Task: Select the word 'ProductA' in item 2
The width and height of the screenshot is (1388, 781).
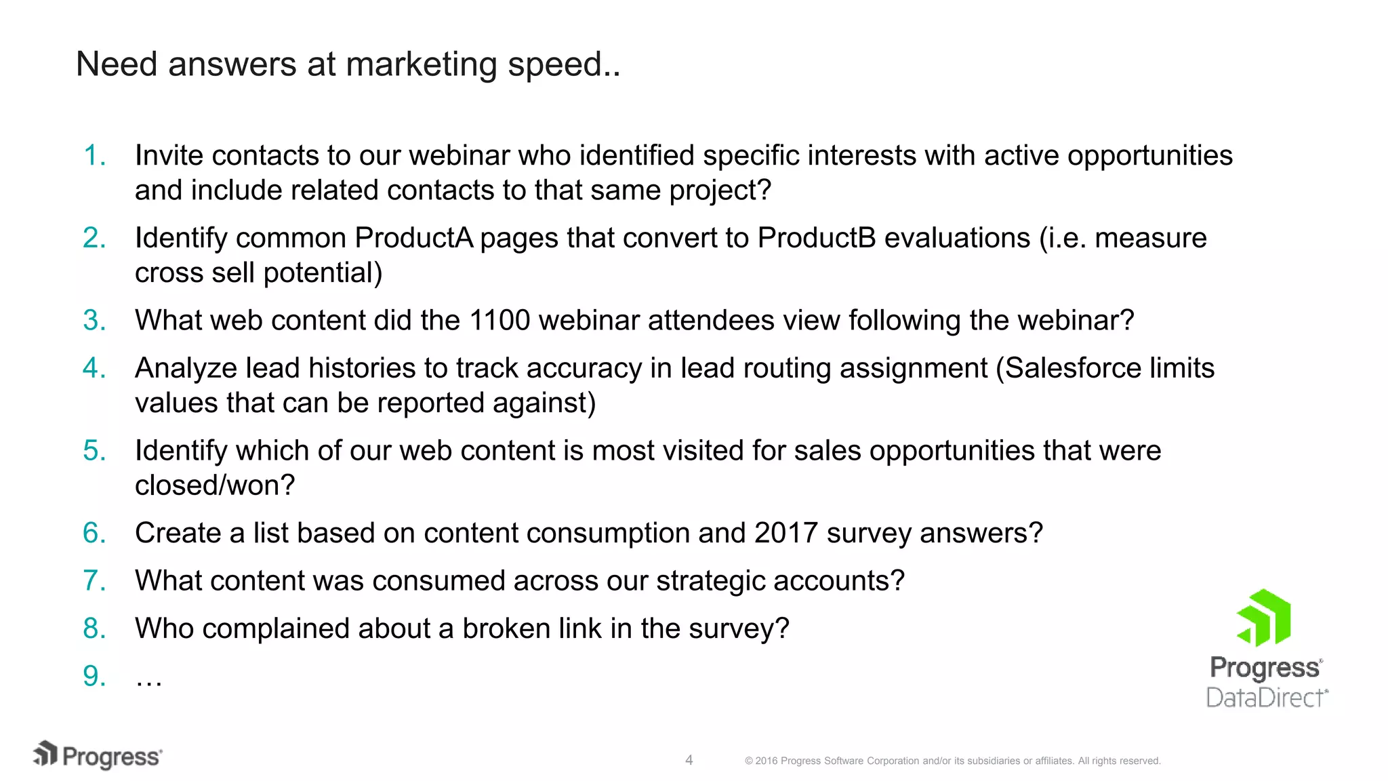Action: (x=413, y=238)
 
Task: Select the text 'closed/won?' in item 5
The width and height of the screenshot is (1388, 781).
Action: (x=215, y=485)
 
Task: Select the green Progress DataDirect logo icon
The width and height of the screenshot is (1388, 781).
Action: (x=1265, y=618)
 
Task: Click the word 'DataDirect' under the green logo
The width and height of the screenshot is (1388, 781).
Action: (x=1266, y=698)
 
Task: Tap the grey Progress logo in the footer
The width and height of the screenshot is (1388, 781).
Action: (x=98, y=756)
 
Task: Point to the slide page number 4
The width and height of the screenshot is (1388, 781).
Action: (x=689, y=760)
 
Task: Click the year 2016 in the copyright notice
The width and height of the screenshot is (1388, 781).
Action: (x=767, y=761)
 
